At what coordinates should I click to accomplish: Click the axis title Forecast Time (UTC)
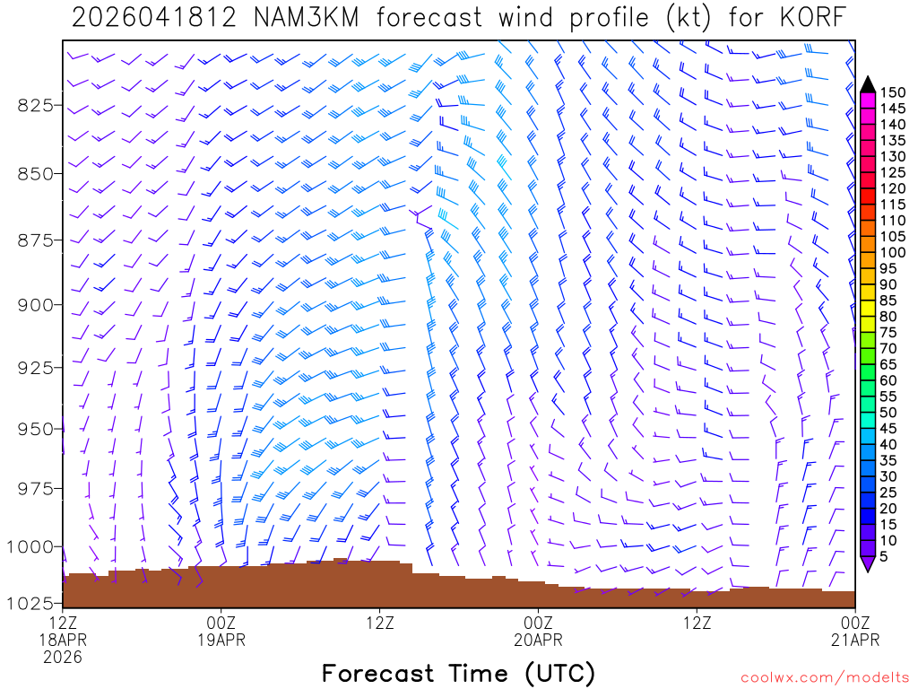pos(458,673)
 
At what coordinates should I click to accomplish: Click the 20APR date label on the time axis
pos(538,640)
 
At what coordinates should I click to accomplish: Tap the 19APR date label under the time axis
pos(221,640)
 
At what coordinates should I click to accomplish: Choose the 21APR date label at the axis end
pos(854,640)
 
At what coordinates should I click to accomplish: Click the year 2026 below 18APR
pos(62,657)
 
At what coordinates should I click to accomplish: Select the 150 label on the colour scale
pos(892,92)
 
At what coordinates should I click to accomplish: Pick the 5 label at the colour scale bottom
pos(884,556)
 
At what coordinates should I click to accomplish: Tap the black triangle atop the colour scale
pos(868,83)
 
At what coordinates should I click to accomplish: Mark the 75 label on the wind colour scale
pos(888,333)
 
